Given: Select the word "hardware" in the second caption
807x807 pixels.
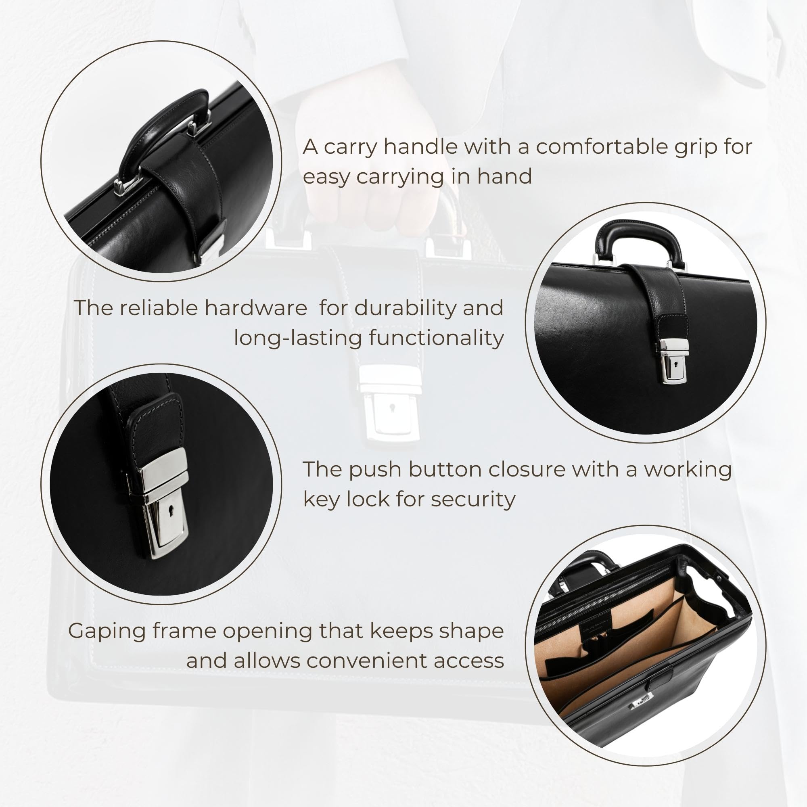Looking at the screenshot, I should click(x=256, y=308).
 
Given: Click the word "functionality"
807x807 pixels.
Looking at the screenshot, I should click(x=437, y=337).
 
